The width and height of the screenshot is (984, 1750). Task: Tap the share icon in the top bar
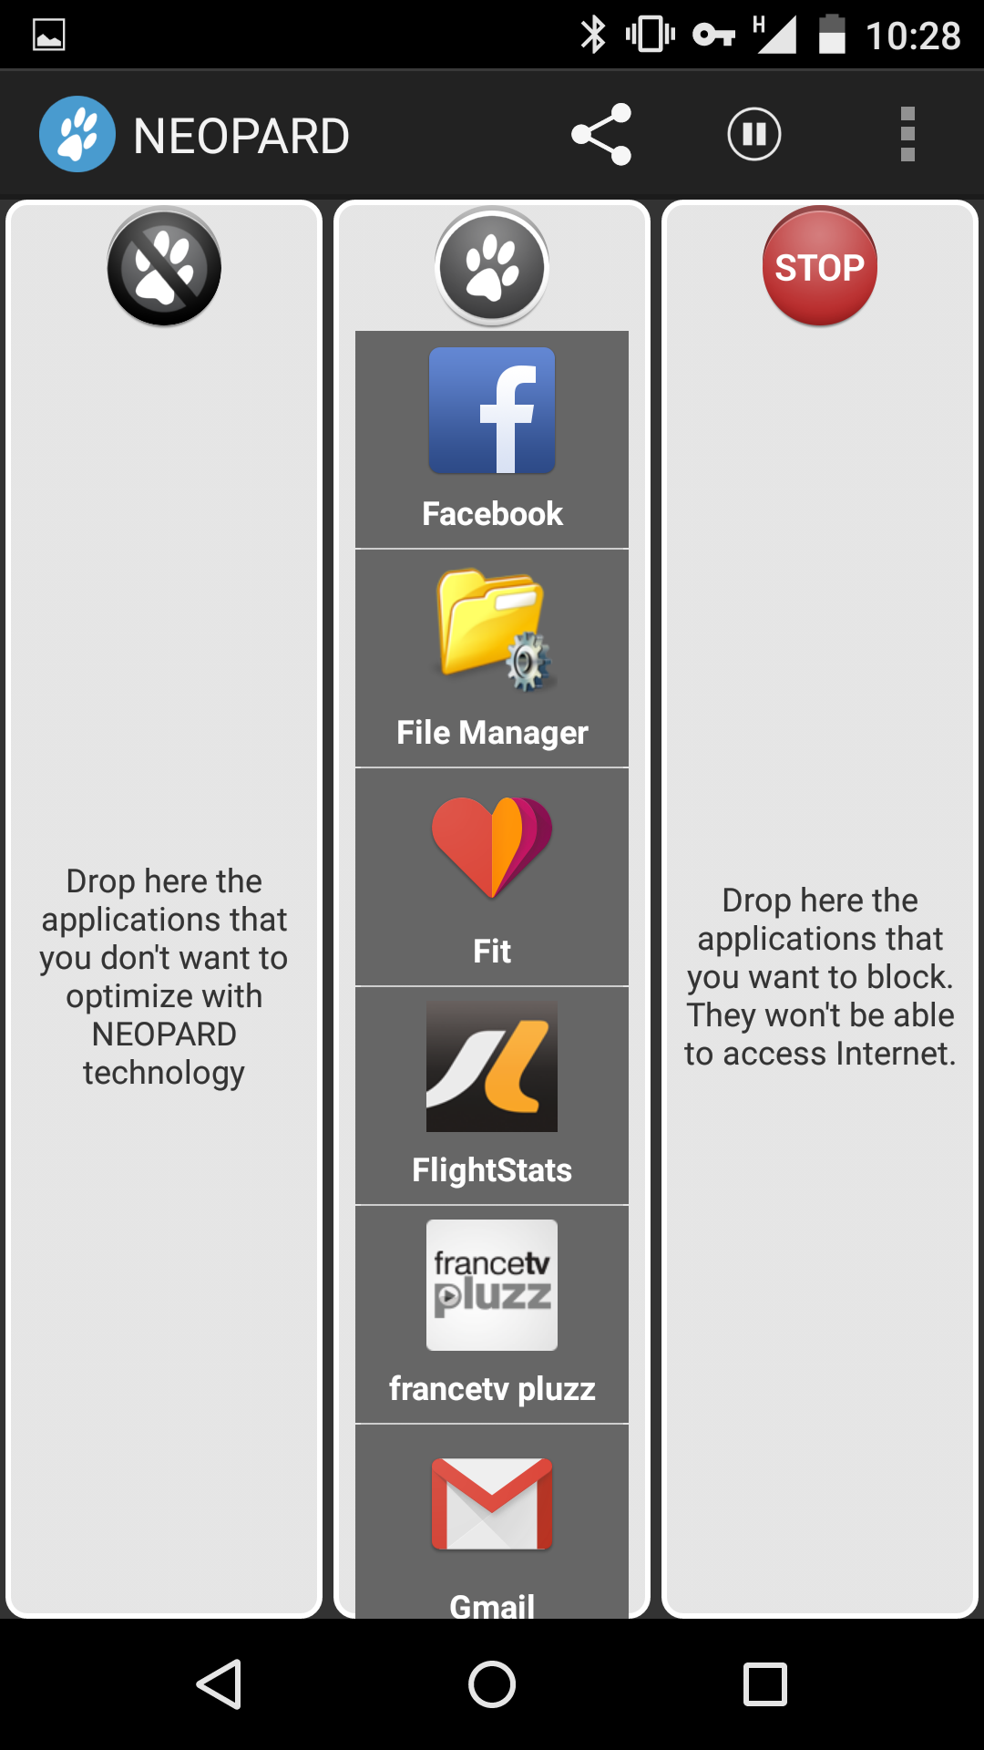[x=601, y=134]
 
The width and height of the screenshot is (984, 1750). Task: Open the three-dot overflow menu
[x=907, y=134]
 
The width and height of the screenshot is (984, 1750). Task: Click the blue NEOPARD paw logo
[x=77, y=134]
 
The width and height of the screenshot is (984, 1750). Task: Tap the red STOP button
[x=819, y=266]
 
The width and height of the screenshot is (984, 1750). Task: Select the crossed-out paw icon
[x=164, y=267]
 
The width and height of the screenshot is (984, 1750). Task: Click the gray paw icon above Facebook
[x=492, y=267]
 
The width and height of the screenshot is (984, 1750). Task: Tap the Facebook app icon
[x=492, y=411]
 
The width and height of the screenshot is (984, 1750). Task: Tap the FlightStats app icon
[x=492, y=1066]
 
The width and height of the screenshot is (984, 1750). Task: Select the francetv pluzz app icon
[x=492, y=1285]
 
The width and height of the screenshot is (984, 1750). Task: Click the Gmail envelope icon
[x=492, y=1504]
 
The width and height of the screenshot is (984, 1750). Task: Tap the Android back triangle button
[x=220, y=1683]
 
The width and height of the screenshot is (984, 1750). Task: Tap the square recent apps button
[x=765, y=1683]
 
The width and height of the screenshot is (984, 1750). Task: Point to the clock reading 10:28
[x=912, y=36]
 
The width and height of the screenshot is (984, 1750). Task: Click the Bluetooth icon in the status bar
[x=593, y=35]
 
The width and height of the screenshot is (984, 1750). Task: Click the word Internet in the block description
[x=896, y=1054]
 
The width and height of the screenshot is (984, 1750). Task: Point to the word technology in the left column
[x=164, y=1073]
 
